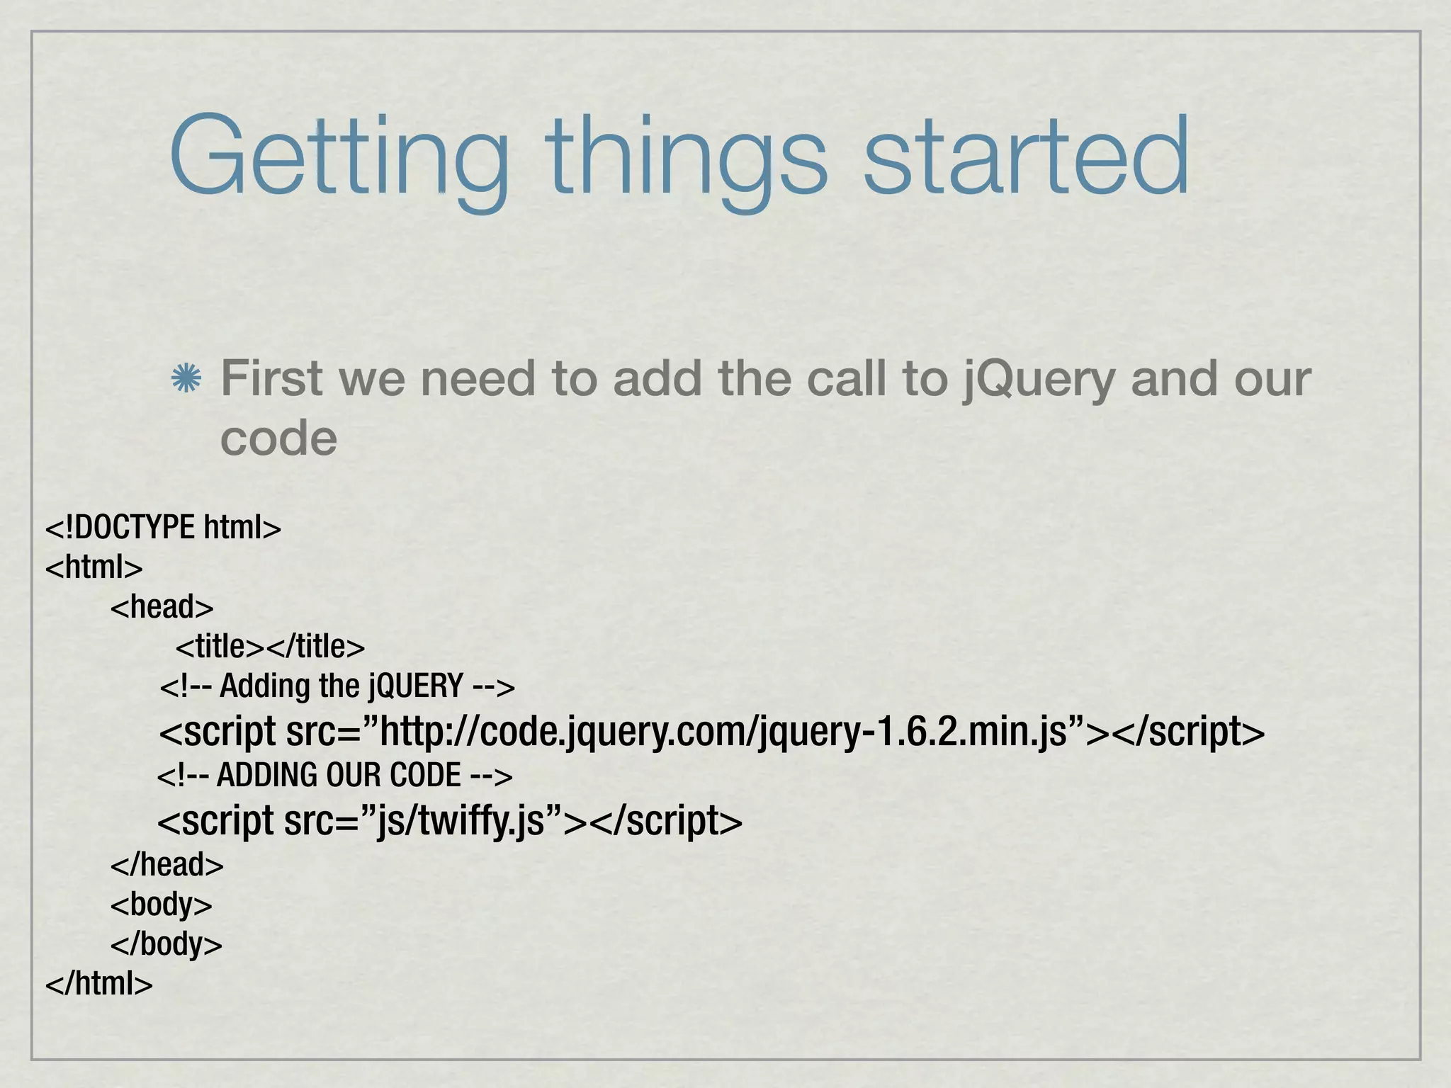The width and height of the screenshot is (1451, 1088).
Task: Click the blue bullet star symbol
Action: click(186, 380)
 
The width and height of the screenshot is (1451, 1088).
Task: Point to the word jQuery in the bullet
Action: click(1039, 379)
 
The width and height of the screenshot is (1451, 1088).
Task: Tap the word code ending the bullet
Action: click(278, 438)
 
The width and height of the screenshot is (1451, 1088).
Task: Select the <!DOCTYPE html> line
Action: click(163, 528)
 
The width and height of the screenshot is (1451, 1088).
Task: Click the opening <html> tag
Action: click(94, 567)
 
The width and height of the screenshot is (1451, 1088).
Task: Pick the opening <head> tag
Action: click(162, 607)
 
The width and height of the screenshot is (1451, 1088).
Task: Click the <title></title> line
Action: click(270, 647)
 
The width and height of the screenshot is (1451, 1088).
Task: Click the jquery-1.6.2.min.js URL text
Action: click(914, 732)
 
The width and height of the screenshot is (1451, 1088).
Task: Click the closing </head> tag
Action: click(167, 865)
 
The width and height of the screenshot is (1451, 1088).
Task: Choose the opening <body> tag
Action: click(162, 905)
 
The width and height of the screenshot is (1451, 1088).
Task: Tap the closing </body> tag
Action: click(166, 944)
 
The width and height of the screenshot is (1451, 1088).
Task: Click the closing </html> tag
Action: click(99, 984)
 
